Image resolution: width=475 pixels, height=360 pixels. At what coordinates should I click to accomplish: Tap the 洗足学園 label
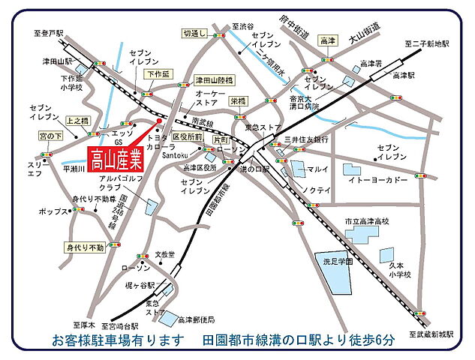click(334, 263)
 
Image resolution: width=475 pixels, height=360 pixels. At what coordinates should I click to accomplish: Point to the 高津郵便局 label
click(197, 319)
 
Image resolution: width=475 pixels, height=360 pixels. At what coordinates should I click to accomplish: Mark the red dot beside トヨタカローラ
click(158, 120)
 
